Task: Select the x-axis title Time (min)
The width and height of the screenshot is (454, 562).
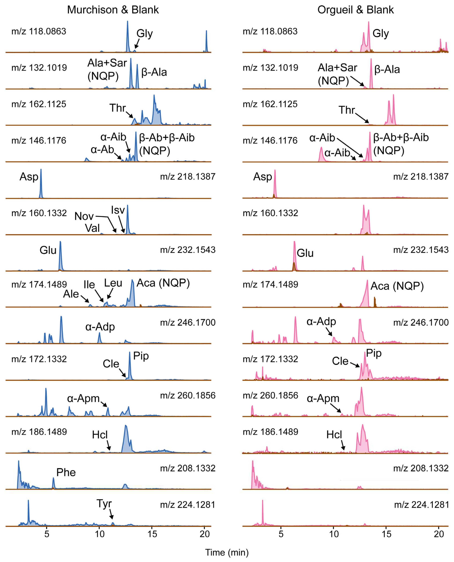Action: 227,552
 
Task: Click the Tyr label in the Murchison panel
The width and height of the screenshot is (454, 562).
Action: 104,503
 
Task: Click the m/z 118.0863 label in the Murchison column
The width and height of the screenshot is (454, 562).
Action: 39,31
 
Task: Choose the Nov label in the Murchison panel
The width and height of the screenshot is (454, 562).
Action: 84,216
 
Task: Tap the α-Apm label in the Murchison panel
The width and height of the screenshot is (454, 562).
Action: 83,398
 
